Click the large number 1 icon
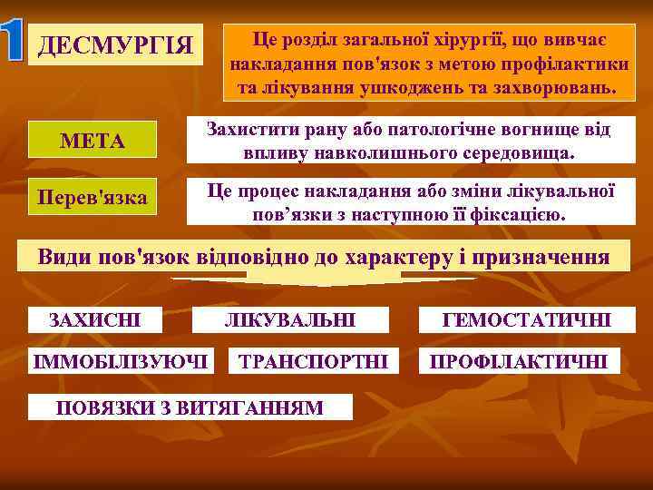pos(15,42)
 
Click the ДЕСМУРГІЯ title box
pos(115,44)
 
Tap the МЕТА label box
pos(92,142)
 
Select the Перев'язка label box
pos(93,197)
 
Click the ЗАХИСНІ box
pos(94,319)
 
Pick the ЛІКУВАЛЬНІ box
pos(290,319)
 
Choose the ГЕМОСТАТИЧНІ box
pos(526,319)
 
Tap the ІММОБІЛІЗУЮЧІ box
pos(122,361)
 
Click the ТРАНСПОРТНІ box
pos(313,361)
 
